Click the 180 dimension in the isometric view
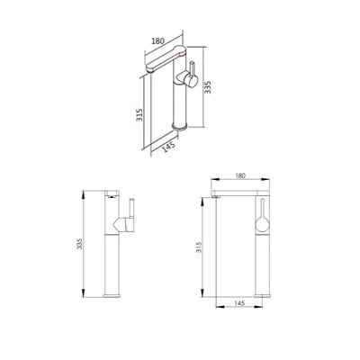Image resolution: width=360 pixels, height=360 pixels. click(157, 41)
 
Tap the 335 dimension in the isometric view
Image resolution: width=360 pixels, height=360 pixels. click(208, 87)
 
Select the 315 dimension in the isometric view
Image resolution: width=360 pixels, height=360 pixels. click(139, 115)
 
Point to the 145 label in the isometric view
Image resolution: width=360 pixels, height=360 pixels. click(168, 148)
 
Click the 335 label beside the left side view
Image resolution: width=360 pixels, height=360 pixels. click(79, 244)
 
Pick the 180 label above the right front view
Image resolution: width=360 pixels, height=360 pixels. click(240, 175)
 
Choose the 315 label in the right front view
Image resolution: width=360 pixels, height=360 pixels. click(199, 247)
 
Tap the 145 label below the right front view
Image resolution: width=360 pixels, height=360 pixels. click(239, 303)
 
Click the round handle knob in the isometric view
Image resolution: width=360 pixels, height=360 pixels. click(191, 80)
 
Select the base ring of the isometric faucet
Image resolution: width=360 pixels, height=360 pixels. click(180, 126)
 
